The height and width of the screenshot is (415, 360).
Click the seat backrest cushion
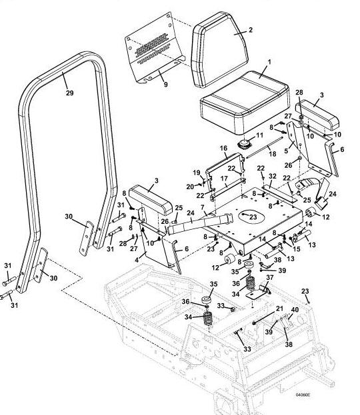pos(220,49)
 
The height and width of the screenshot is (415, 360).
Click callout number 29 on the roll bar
pos(70,93)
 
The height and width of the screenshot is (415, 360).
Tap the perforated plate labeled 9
pos(155,48)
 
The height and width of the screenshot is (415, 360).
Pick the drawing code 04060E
pos(303,395)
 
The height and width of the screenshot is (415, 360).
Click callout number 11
pos(259,135)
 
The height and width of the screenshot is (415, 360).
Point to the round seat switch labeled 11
pos(245,145)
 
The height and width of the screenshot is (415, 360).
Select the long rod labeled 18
pos(264,147)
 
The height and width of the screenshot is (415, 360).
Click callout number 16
pos(223,148)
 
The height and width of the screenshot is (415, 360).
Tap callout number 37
pos(270,277)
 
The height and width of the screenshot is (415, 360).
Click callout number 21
pos(279,308)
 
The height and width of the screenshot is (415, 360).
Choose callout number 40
pos(295,310)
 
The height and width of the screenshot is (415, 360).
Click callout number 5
pos(286,151)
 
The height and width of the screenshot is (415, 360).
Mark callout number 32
pos(273,177)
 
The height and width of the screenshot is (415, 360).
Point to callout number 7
pos(203,207)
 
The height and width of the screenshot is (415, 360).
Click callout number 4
pos(137,260)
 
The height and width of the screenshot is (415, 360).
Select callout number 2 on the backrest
pos(251,29)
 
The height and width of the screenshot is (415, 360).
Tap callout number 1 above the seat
pos(269,62)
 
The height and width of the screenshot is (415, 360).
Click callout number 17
pos(225,179)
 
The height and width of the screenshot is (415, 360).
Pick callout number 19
pos(197,173)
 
